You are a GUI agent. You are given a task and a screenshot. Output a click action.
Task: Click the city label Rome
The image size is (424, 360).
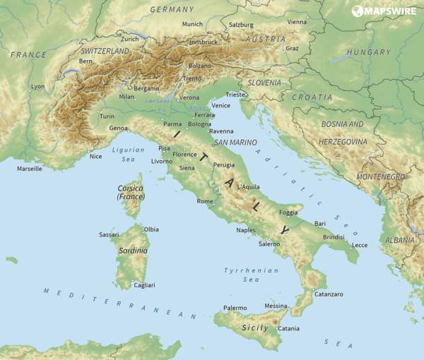tap(205, 202)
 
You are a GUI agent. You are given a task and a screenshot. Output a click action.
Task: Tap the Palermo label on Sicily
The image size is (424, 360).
tap(235, 308)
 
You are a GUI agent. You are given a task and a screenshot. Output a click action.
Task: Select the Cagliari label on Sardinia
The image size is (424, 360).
tap(144, 285)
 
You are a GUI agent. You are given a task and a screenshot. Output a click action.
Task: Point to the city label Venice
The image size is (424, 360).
tap(220, 105)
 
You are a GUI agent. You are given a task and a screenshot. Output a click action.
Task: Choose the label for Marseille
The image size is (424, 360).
tap(30, 169)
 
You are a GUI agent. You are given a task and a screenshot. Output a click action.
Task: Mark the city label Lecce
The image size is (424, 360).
tap(360, 245)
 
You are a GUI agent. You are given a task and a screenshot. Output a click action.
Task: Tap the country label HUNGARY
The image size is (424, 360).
tap(368, 52)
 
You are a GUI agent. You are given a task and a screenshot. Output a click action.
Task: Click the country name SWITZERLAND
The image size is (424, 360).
tap(105, 52)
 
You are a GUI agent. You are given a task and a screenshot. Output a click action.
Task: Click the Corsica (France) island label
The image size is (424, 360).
tap(130, 191)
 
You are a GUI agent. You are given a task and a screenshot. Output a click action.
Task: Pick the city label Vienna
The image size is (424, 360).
tap(297, 22)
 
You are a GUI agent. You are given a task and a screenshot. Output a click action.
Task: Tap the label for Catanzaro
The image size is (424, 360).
tap(328, 294)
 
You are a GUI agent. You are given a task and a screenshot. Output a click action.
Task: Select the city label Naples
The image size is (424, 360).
tap(246, 230)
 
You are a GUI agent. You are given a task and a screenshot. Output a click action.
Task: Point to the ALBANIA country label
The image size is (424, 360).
tap(400, 240)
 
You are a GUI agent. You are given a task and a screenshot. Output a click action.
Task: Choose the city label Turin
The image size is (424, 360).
tap(107, 116)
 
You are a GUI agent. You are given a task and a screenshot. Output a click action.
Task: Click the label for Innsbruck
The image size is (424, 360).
tap(204, 42)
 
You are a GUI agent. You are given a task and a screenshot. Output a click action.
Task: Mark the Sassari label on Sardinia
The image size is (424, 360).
tap(109, 234)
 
